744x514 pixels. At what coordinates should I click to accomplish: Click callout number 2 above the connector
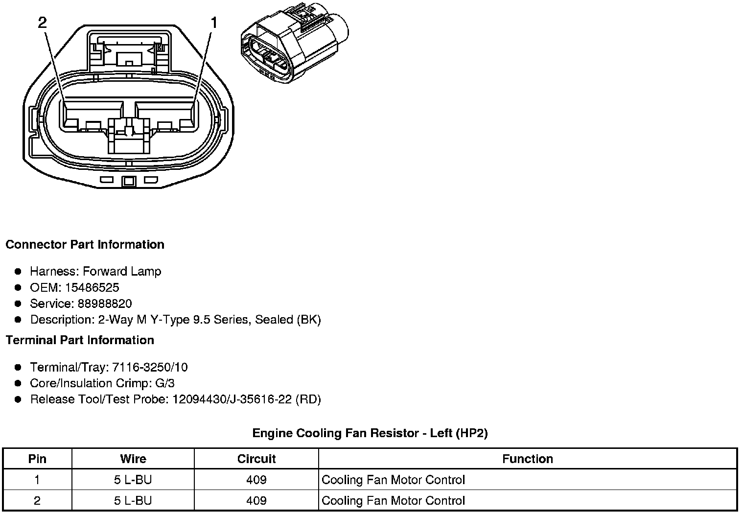43,23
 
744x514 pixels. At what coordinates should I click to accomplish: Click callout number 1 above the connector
214,23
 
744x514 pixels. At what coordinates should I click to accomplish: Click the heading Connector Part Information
85,245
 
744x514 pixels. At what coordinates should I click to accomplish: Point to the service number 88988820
104,304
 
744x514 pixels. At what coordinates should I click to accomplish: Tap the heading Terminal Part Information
80,340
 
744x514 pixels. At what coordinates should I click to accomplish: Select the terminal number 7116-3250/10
150,367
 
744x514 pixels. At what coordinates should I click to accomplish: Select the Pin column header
38,459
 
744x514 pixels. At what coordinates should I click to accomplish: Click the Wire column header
133,459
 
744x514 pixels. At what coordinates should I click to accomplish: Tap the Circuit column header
256,459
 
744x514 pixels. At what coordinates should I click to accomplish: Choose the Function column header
528,459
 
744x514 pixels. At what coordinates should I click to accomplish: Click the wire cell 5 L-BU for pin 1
133,480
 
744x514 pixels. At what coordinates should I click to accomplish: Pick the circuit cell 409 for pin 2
256,501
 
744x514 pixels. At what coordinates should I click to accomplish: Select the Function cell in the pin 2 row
394,501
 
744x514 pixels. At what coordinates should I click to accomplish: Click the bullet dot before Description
18,320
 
